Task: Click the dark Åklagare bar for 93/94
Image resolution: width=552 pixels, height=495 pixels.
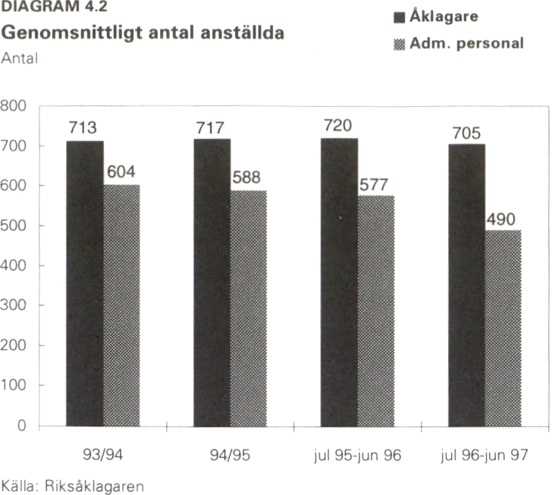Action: tap(85, 284)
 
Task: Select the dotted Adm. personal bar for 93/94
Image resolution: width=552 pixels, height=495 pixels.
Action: tap(121, 305)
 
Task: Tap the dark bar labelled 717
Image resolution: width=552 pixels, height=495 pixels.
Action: tap(212, 284)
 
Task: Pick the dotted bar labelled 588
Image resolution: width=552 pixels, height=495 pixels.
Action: tap(248, 309)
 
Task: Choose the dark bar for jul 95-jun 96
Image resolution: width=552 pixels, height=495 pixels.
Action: tap(339, 283)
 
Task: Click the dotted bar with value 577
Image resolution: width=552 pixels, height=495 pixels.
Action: tap(375, 311)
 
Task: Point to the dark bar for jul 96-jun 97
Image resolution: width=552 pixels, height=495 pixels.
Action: tap(466, 286)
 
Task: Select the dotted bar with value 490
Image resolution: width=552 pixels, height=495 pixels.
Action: tap(503, 328)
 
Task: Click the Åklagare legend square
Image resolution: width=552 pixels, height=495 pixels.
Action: tap(400, 17)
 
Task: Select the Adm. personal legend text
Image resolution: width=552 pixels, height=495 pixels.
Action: tap(466, 43)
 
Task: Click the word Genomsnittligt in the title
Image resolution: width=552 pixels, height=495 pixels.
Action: tap(69, 34)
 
